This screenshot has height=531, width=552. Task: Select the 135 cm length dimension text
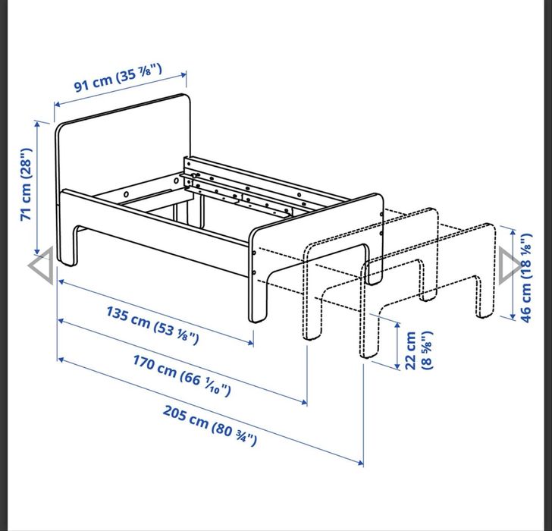[152, 325]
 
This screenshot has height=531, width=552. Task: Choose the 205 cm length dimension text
[209, 426]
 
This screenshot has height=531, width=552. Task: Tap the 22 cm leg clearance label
[418, 350]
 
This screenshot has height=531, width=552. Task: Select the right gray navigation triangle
[510, 265]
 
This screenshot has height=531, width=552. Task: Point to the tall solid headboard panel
[121, 152]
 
